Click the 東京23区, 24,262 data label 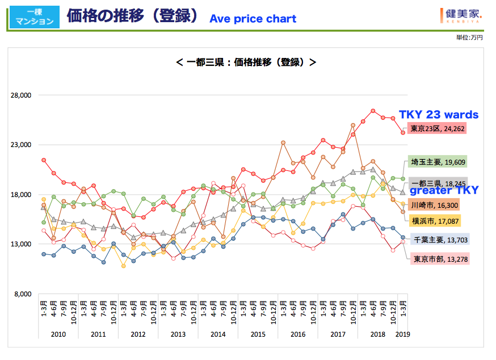point(436,128)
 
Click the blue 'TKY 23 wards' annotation point(439,115)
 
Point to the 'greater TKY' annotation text point(444,190)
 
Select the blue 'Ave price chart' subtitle point(253,19)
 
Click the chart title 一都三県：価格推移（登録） point(246,61)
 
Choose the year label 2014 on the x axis point(218,334)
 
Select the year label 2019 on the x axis point(402,334)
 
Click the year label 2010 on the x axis point(58,334)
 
